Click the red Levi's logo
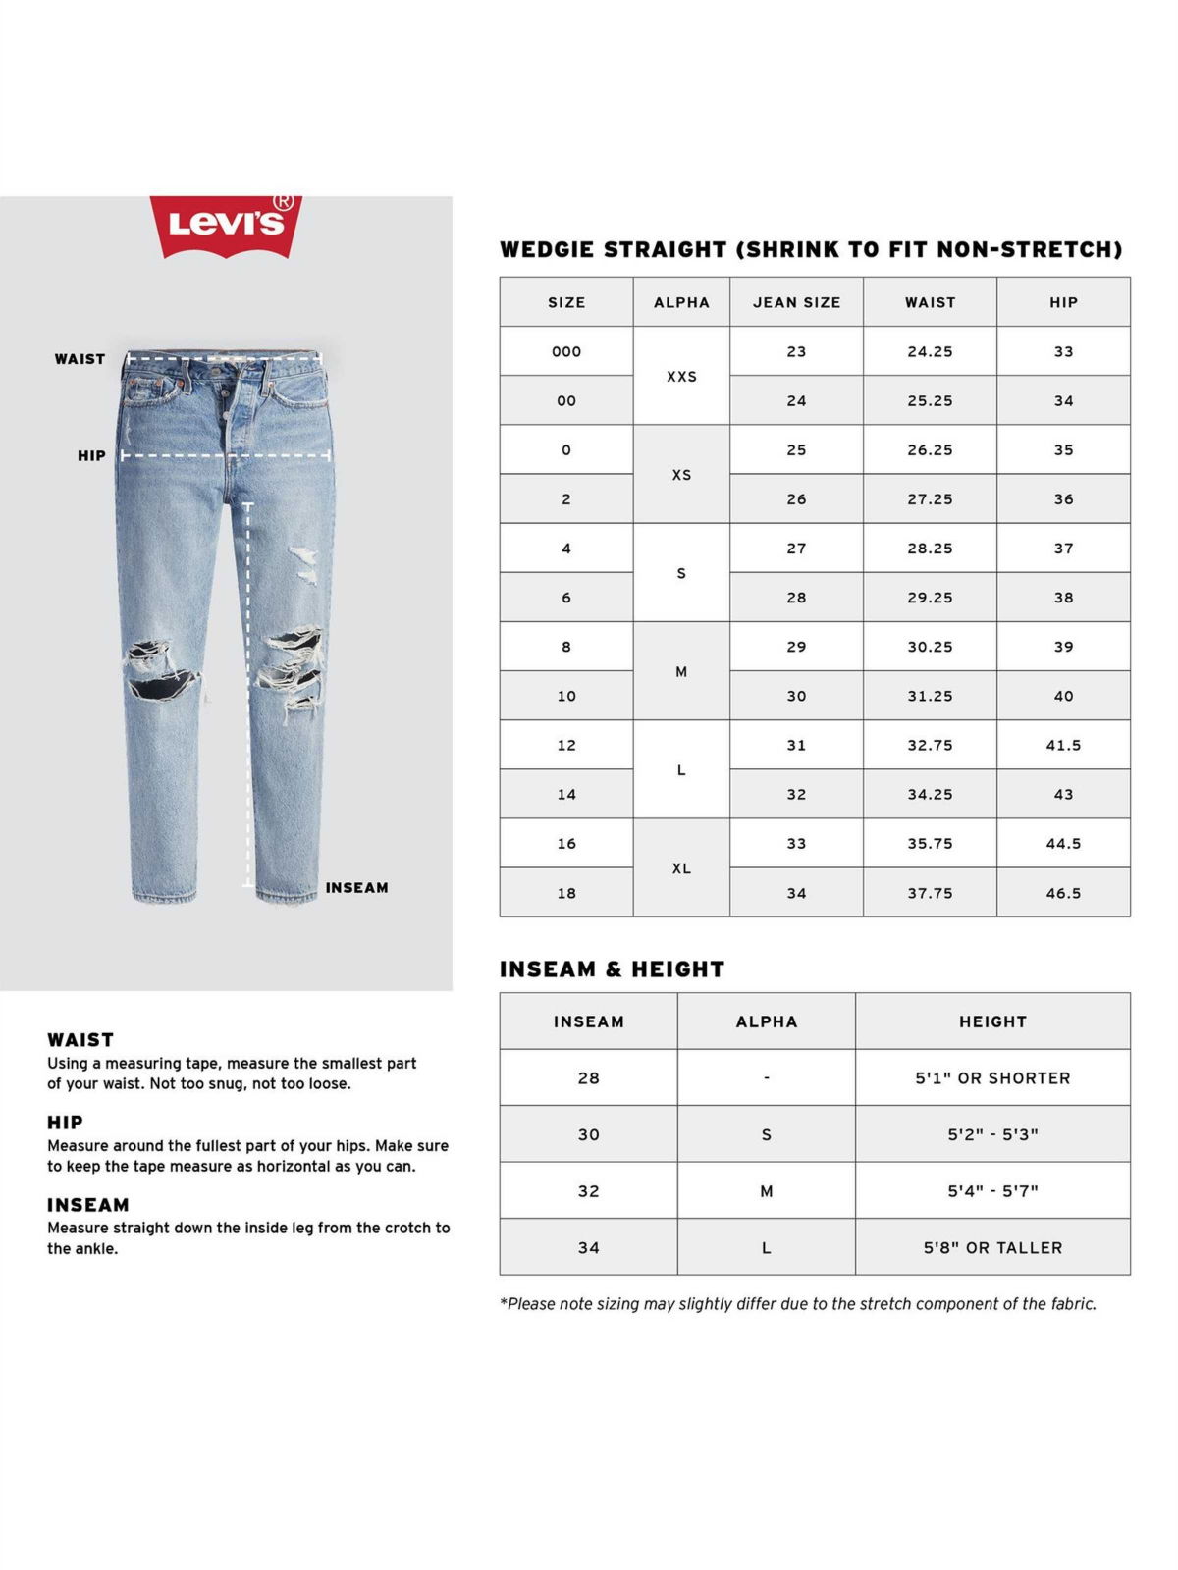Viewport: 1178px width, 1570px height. tap(226, 225)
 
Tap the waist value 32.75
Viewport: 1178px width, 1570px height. tap(930, 745)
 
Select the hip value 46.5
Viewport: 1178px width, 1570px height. tap(1063, 893)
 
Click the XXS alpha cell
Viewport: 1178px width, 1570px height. tap(681, 376)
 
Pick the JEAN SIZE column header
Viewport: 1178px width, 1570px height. tap(796, 302)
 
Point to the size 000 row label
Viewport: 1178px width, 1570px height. tap(566, 351)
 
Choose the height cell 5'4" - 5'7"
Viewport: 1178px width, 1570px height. tap(992, 1191)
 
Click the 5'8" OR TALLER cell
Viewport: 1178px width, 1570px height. tap(992, 1248)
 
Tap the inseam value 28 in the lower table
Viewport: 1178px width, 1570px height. tap(588, 1078)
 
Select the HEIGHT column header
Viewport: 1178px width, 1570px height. tap(992, 1021)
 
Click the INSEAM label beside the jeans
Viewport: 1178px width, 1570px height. tap(356, 888)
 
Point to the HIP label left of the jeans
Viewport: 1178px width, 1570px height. tap(91, 455)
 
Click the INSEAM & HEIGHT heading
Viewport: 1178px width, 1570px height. tap(612, 969)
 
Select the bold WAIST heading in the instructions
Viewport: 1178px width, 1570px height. tap(80, 1040)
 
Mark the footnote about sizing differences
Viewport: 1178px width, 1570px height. tap(797, 1304)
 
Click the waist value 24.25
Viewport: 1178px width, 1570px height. tap(930, 351)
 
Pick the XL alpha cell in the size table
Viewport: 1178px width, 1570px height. tap(681, 868)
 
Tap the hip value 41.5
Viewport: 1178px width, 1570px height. tap(1063, 745)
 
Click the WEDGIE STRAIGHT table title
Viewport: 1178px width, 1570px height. tap(811, 249)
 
